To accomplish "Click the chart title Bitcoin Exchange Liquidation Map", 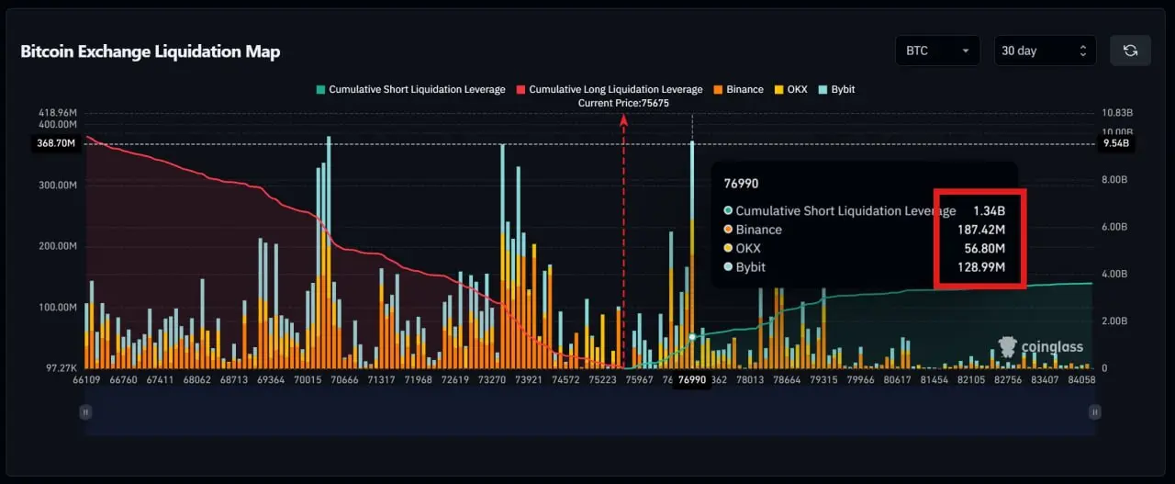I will (x=150, y=51).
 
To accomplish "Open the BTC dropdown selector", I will (x=937, y=51).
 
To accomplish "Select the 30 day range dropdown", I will (x=1045, y=51).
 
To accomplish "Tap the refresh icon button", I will (x=1130, y=51).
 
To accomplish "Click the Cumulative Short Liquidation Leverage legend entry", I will (x=409, y=89).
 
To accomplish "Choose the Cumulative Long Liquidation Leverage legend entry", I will (x=609, y=89).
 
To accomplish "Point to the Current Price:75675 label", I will (x=623, y=103).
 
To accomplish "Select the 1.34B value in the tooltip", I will (x=989, y=210).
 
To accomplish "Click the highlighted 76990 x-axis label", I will (x=690, y=380).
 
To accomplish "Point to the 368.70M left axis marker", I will (x=57, y=143).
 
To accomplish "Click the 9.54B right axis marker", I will (x=1116, y=144).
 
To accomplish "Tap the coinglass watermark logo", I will (x=1040, y=346).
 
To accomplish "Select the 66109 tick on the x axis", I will (x=86, y=379).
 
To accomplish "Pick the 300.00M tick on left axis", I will (x=57, y=185).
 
